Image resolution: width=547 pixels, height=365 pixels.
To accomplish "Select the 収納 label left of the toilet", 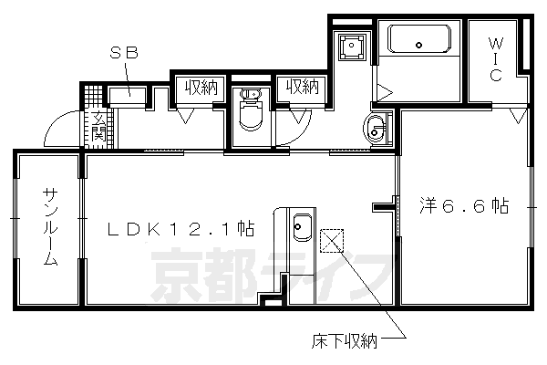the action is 201,88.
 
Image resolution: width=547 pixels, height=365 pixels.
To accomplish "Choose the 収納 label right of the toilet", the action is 301,88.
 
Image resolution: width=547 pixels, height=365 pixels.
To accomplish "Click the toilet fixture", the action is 249,114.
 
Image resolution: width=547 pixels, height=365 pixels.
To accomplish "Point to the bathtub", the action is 418,41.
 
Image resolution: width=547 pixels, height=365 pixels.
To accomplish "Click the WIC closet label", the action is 495,59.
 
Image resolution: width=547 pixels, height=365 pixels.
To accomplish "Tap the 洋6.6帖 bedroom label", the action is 463,205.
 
